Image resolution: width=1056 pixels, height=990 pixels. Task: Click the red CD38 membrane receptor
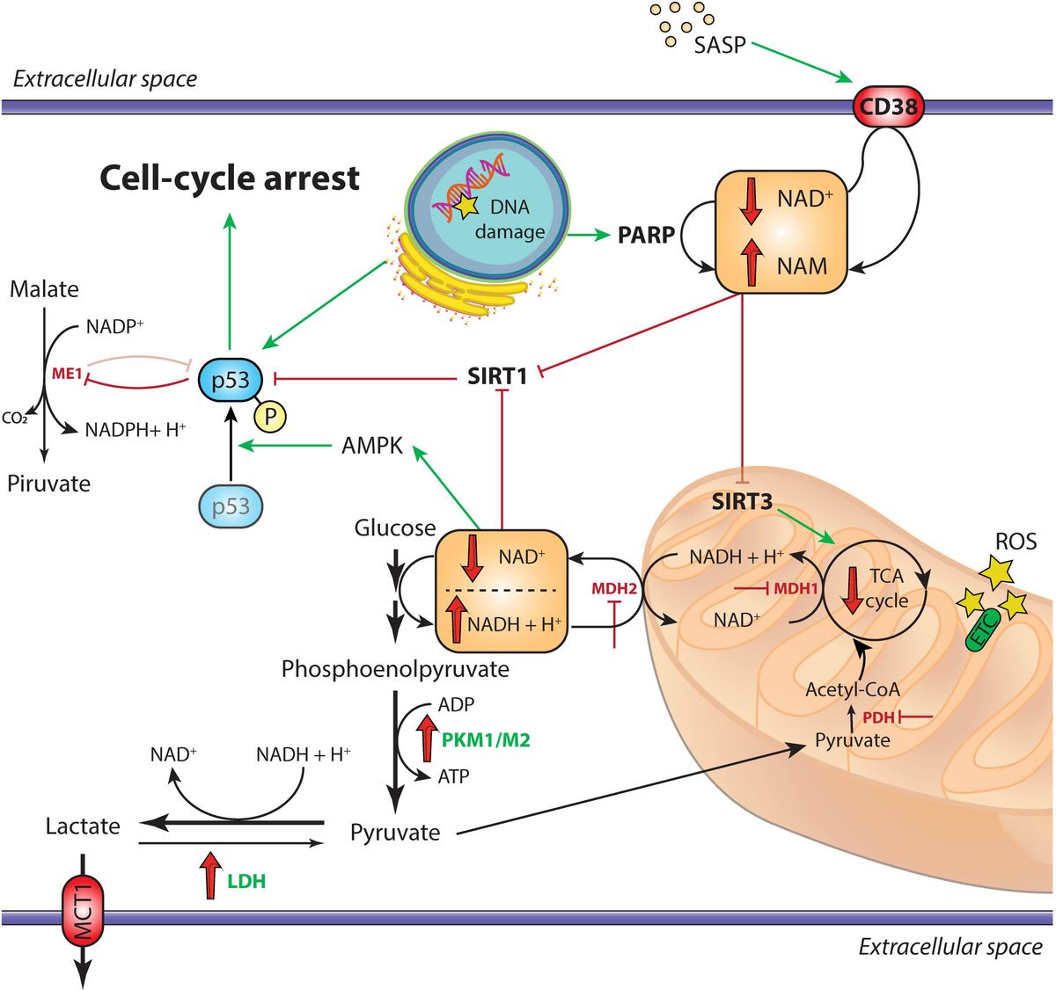(887, 107)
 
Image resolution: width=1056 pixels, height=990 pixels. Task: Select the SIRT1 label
(497, 377)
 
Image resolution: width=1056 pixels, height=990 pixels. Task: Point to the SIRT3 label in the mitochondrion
(742, 502)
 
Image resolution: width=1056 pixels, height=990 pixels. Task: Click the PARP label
(646, 235)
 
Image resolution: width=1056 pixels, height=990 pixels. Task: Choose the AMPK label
(371, 446)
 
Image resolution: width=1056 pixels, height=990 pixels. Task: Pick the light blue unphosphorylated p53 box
(231, 506)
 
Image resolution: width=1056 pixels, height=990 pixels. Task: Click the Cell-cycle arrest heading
(230, 178)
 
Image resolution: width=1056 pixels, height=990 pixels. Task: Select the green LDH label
(246, 880)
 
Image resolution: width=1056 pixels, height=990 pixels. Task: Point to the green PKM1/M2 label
(486, 740)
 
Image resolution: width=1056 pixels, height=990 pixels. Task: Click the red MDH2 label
(613, 588)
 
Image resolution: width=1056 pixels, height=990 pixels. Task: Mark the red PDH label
(878, 717)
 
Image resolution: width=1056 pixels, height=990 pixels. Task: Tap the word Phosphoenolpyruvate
(395, 669)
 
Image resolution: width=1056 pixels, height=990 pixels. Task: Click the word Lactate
(83, 826)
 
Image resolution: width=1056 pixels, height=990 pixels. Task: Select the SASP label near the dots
(719, 45)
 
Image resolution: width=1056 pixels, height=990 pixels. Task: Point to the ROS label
(1016, 541)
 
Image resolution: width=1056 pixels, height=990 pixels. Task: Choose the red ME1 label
(67, 374)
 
